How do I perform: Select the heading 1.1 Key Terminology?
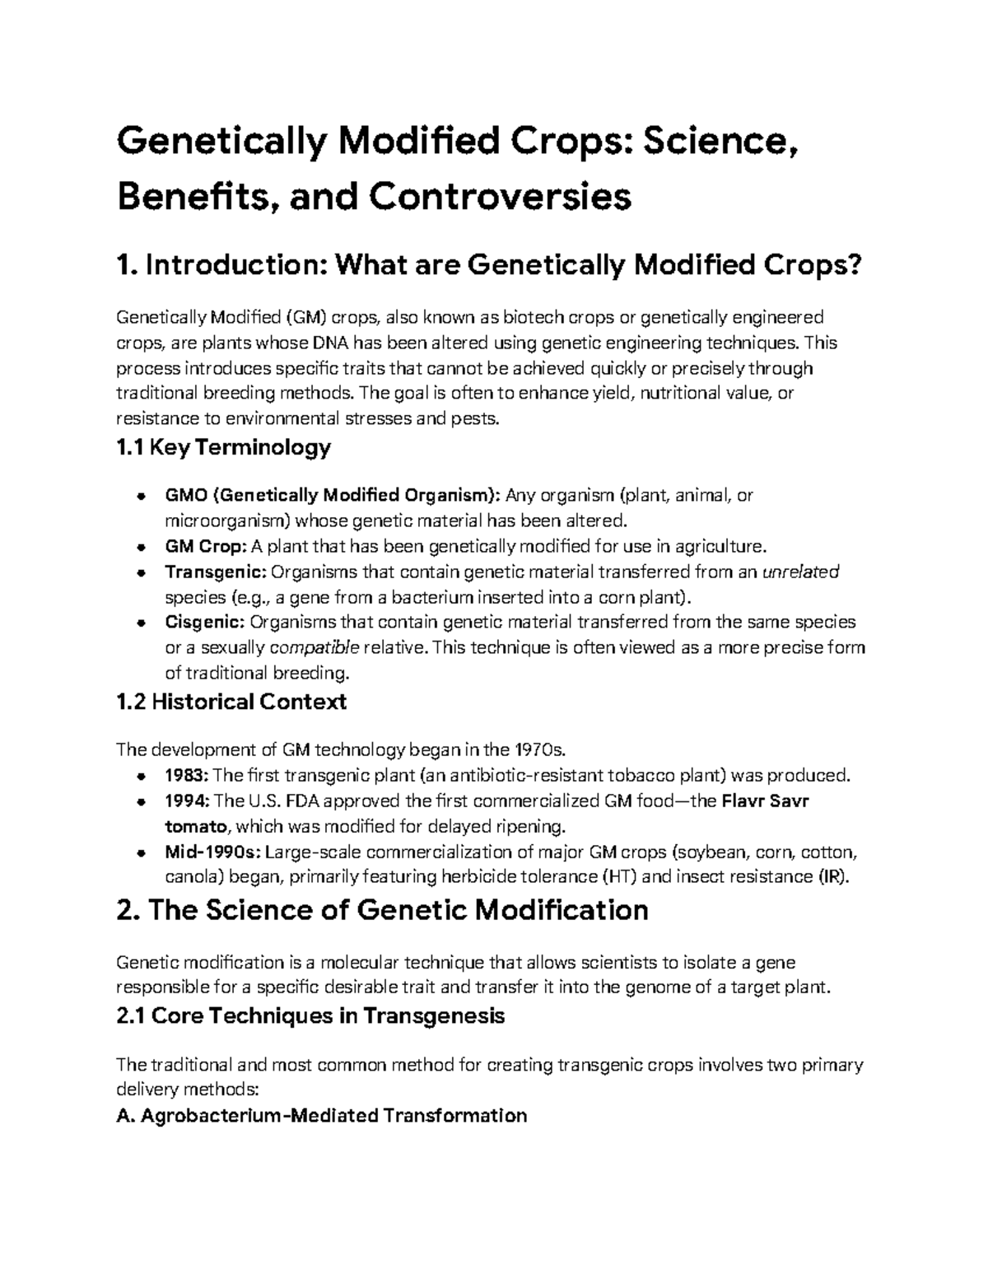224,448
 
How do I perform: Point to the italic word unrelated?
801,572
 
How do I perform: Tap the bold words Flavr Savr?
765,801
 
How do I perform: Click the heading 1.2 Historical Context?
231,702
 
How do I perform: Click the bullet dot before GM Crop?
142,547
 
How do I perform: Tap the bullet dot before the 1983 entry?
142,776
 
